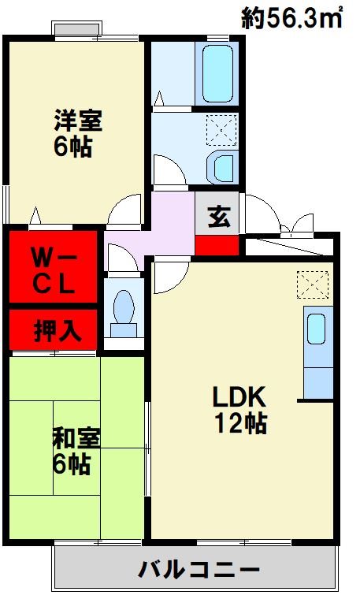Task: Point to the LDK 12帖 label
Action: (241, 409)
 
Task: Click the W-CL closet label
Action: (53, 270)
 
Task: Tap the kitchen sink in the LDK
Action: (317, 328)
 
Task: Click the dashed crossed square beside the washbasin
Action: (220, 128)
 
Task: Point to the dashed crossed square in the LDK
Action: (313, 283)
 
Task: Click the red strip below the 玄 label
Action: (217, 244)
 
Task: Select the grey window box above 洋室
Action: (76, 29)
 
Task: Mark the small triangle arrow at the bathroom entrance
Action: (159, 99)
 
